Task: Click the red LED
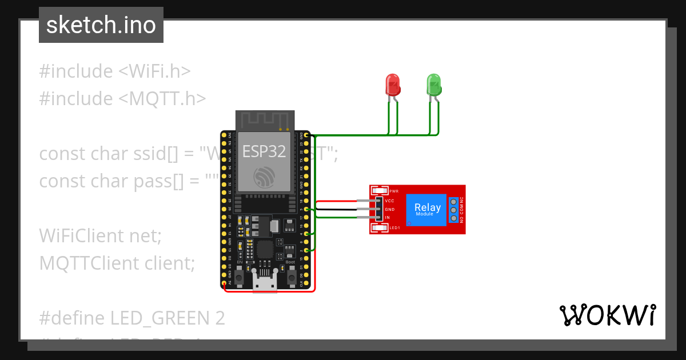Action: pos(393,85)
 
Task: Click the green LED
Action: pos(434,85)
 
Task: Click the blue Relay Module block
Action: pos(427,209)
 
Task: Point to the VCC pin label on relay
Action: pos(390,201)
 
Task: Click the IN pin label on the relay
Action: pos(387,218)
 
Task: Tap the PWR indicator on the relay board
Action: pos(393,191)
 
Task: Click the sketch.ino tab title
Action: pos(101,25)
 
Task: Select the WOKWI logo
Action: pos(607,315)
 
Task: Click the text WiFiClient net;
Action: pos(101,235)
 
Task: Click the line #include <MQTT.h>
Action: pos(122,99)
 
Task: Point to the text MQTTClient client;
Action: pos(117,263)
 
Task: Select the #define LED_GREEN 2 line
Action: pos(132,318)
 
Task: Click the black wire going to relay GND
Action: pos(337,210)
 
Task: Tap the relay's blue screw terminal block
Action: pos(454,210)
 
